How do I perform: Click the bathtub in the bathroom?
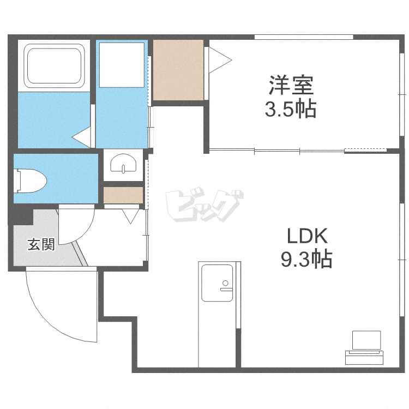click(x=54, y=66)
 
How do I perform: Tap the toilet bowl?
click(x=30, y=181)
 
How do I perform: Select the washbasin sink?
click(x=123, y=163)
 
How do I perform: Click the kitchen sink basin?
click(x=217, y=283)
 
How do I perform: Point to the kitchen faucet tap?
click(x=226, y=286)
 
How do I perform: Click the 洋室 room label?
click(x=291, y=85)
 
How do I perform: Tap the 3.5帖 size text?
click(x=291, y=109)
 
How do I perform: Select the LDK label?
click(x=307, y=236)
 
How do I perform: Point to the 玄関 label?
click(x=41, y=244)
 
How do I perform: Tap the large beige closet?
click(x=178, y=70)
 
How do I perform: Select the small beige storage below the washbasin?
click(x=123, y=195)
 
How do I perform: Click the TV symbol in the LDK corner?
click(x=364, y=348)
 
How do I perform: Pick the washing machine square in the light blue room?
click(x=122, y=65)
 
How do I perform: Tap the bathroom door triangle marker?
click(x=81, y=137)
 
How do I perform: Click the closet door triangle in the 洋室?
click(x=220, y=60)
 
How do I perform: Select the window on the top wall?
click(x=304, y=37)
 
